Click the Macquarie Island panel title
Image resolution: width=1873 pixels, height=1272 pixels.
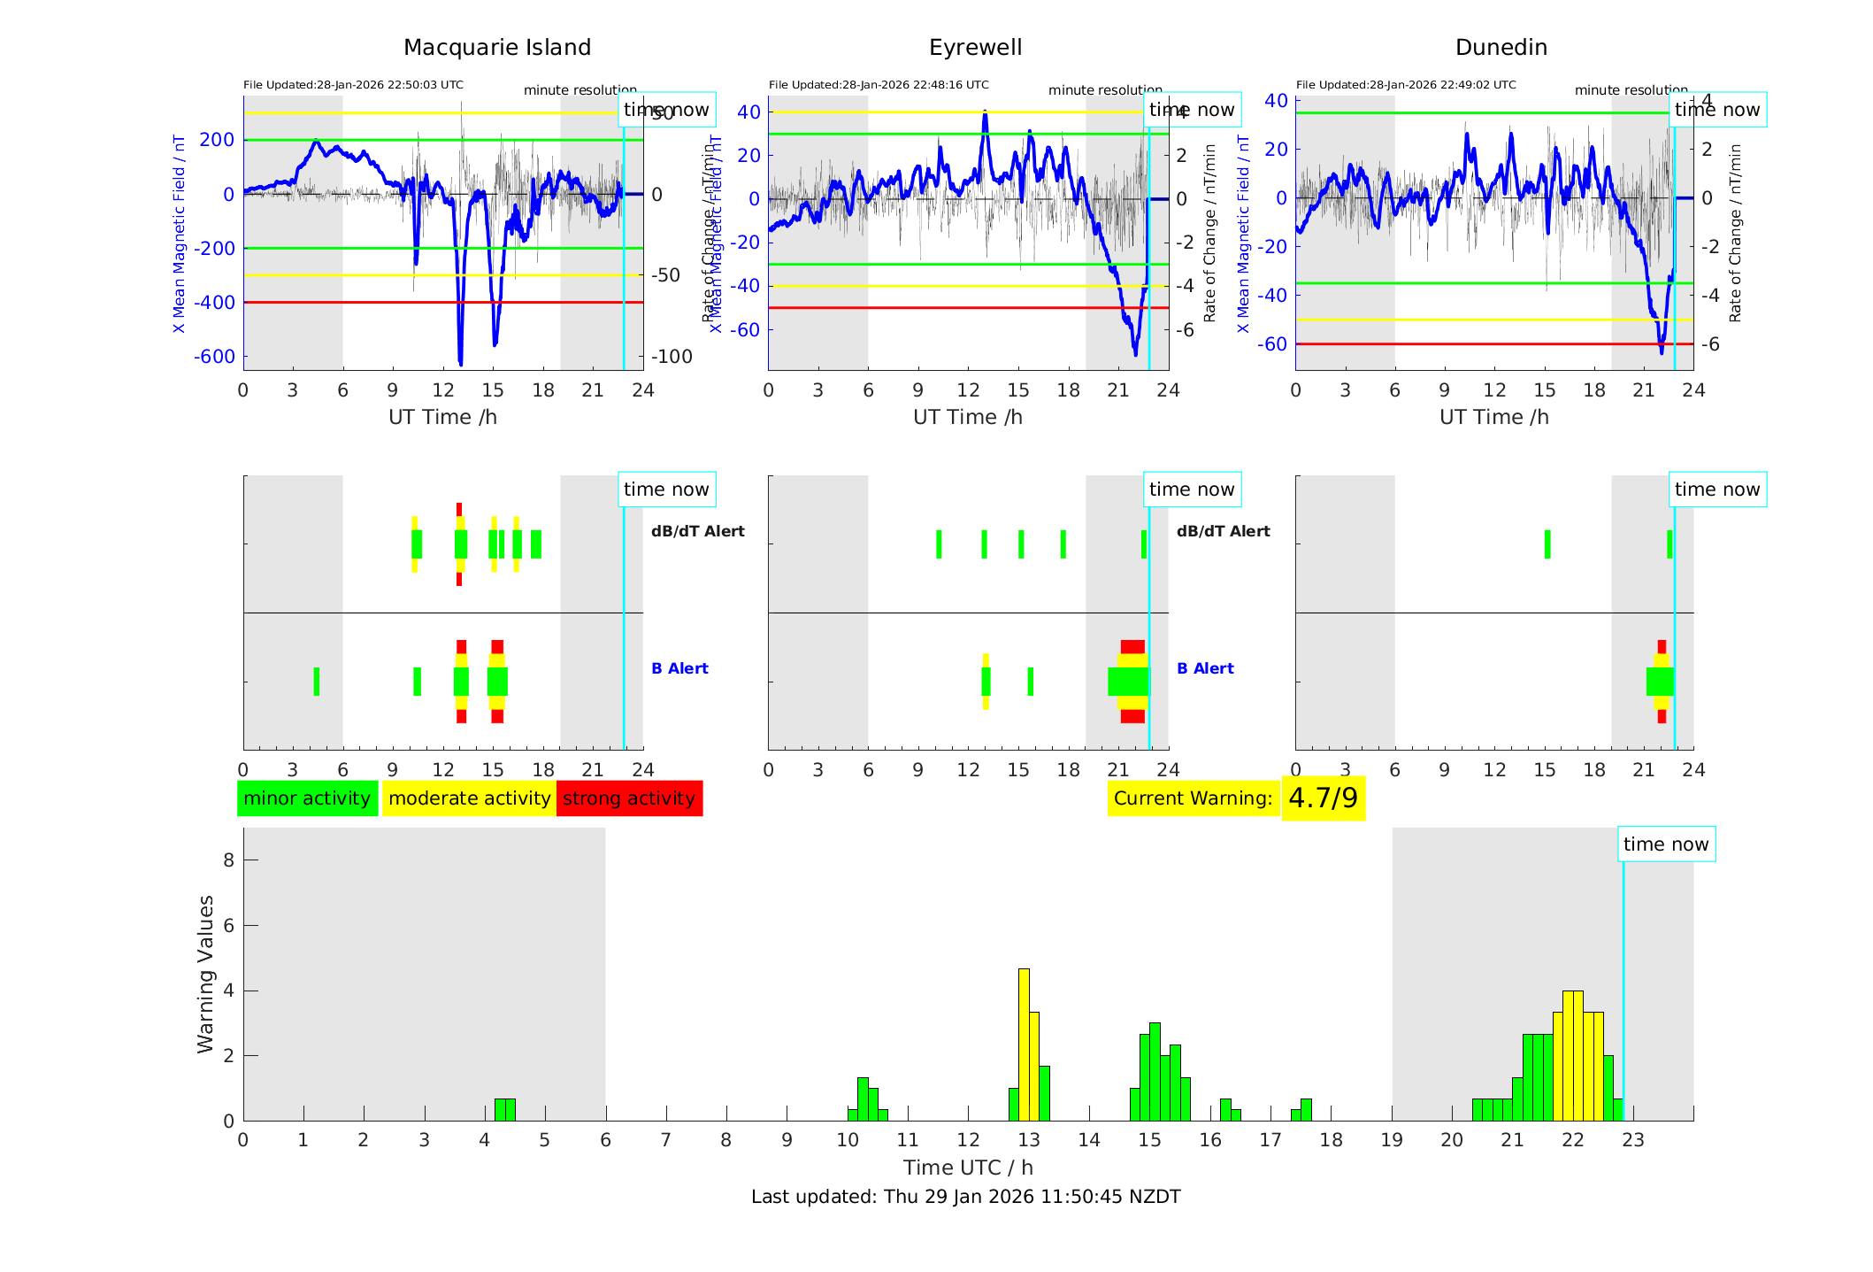coord(496,48)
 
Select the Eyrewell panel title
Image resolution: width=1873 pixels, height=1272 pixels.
coord(975,48)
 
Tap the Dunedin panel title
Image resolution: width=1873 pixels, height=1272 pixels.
coord(1501,48)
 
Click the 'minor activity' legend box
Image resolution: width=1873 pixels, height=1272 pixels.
coord(307,798)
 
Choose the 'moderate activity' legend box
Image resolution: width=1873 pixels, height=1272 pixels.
coord(469,798)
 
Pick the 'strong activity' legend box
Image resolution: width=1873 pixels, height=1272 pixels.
coord(629,798)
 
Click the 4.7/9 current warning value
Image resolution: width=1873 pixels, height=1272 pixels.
coord(1323,798)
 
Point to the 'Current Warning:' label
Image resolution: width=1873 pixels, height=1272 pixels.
coord(1193,798)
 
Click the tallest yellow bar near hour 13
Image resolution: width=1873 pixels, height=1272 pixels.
coord(1024,1045)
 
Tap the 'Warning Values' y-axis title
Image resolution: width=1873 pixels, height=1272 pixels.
coord(206,974)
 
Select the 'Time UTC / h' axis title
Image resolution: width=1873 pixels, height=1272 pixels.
coord(968,1168)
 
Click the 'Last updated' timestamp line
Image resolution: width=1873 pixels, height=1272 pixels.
coord(965,1197)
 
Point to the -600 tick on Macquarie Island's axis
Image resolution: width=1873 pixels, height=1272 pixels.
coord(215,357)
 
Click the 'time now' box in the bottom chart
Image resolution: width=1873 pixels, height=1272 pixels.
coord(1666,844)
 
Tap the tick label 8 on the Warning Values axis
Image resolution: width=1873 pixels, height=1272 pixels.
coord(229,860)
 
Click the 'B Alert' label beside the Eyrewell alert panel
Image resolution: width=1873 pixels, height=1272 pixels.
coord(1205,668)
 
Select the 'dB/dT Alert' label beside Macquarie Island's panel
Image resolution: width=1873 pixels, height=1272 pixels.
coord(697,531)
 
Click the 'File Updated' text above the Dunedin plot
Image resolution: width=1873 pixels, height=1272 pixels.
coord(1406,85)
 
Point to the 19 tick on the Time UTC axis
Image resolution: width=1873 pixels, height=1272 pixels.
coord(1392,1140)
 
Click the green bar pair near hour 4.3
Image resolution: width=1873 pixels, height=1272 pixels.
coord(504,1110)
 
